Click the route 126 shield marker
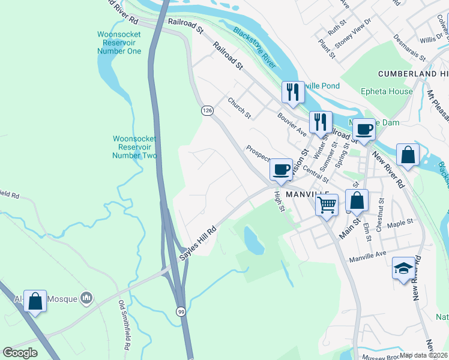coord(207,110)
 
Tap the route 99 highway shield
coord(180,311)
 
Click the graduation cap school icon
coord(403,268)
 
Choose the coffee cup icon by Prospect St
coord(280,169)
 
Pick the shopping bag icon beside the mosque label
coord(35,301)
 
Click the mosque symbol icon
coord(87,297)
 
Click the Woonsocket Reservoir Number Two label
coord(135,147)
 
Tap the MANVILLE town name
coord(309,195)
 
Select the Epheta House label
coord(386,92)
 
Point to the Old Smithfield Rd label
coord(124,325)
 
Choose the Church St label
coord(239,108)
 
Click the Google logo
coord(20,353)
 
